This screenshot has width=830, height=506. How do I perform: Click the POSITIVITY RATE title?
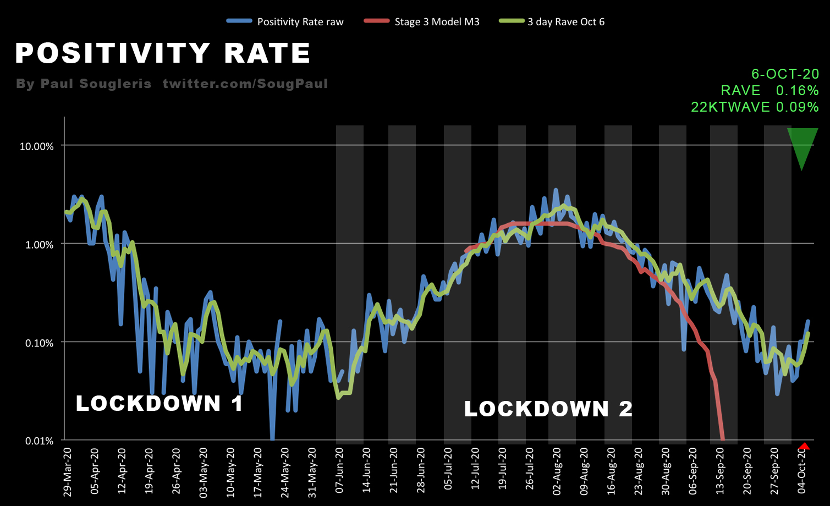163,53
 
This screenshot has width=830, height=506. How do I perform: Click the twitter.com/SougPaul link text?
245,84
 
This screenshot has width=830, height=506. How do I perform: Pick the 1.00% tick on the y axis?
40,245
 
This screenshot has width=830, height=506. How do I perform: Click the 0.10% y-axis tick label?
40,343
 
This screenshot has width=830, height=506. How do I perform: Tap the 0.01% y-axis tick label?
40,441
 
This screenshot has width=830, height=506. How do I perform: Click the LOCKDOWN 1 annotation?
160,404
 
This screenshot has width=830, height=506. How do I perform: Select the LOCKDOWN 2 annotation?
548,409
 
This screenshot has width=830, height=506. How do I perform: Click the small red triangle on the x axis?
804,446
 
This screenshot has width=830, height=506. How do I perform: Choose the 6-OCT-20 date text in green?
785,74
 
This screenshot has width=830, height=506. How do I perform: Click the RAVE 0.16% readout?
769,91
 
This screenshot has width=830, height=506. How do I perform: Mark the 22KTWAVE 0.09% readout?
755,107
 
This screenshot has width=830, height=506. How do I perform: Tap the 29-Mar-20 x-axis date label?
68,472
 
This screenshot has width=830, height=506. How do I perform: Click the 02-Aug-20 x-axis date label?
557,472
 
